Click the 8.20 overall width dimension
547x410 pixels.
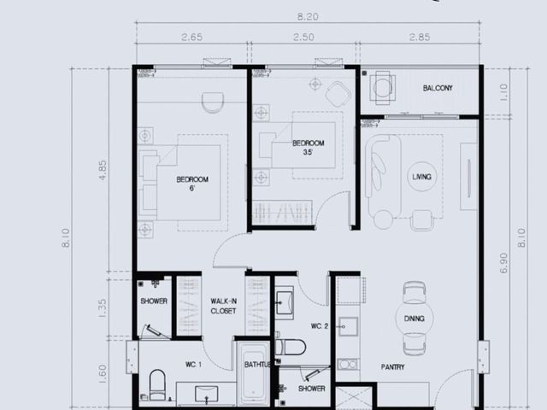pos(308,17)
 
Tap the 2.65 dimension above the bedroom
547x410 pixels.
pos(191,37)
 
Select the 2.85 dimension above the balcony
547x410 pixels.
pos(420,37)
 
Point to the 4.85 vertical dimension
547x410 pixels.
pos(103,170)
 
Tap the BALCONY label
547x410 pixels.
pos(438,88)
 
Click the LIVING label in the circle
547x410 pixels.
pos(421,177)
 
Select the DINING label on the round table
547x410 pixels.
pos(414,319)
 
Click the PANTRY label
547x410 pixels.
pos(393,366)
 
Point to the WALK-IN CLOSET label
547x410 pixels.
pos(223,306)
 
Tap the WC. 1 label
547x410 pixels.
pos(193,365)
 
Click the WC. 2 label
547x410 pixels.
pos(320,326)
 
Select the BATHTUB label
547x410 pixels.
pos(258,365)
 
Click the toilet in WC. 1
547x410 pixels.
pos(157,384)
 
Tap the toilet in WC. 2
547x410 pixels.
pos(291,348)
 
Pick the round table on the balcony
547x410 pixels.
pos(383,87)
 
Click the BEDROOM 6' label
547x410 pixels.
pos(192,184)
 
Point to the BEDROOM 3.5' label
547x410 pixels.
pos(308,148)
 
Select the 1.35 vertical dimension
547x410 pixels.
pos(103,308)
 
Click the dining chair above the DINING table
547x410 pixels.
pos(415,292)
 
